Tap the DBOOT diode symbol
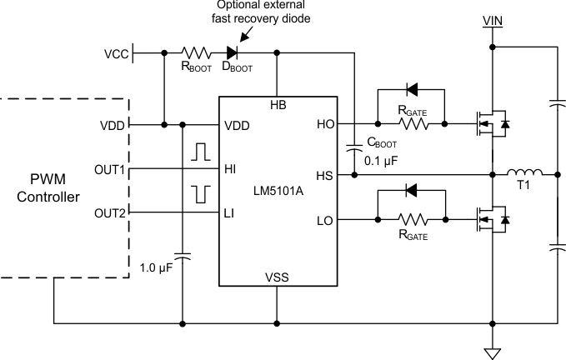(x=245, y=53)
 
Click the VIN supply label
(x=493, y=17)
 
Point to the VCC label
(x=118, y=54)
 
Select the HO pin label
(x=326, y=125)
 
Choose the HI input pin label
(x=230, y=168)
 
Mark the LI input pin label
(x=230, y=213)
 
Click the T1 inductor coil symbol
(x=526, y=173)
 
